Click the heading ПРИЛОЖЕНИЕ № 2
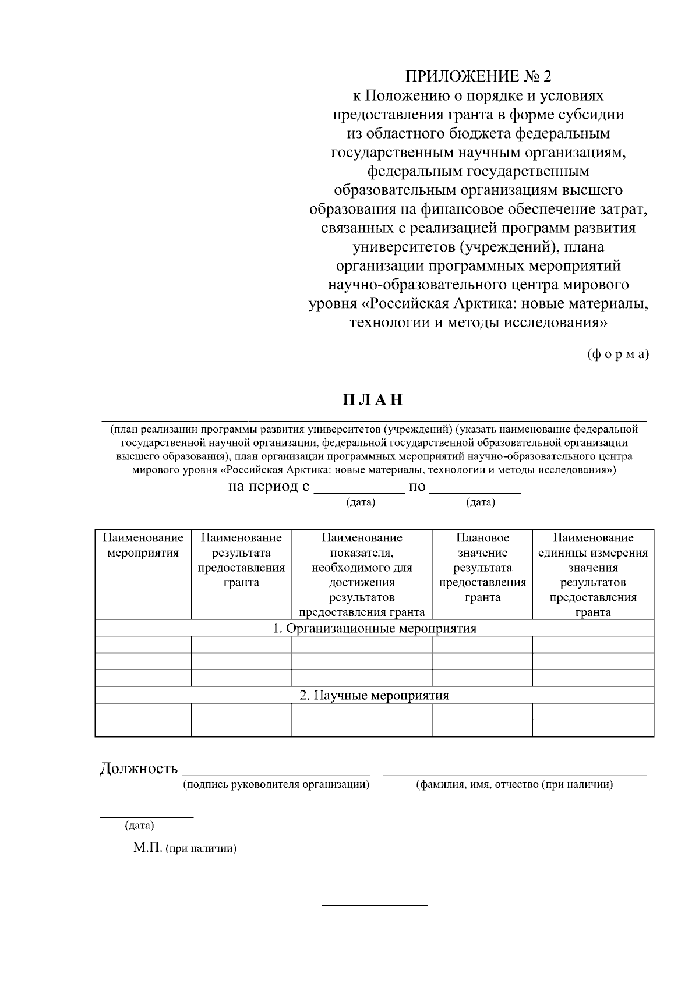tap(478, 76)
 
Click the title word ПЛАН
tap(373, 400)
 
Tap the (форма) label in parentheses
tap(618, 354)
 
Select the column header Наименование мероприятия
tap(143, 545)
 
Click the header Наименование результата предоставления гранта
tap(241, 559)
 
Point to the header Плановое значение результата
tap(482, 567)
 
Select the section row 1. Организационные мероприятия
tap(375, 629)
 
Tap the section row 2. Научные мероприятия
tap(375, 696)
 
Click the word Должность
tap(139, 769)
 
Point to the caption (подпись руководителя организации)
tap(276, 785)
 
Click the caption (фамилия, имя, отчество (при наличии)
tap(514, 785)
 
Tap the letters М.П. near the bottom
tap(148, 848)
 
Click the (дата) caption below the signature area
tap(139, 826)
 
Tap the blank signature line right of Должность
tap(276, 773)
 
